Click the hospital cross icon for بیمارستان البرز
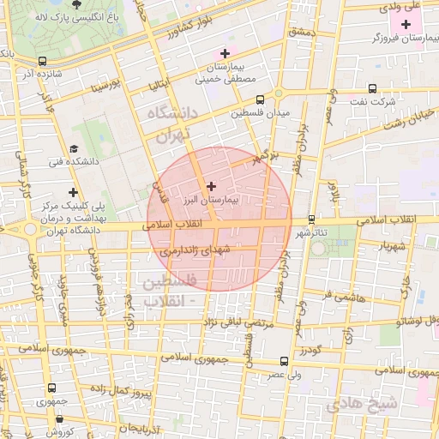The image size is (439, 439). point(213,185)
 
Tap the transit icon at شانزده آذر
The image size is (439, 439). point(43,61)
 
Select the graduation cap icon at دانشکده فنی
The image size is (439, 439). point(75,147)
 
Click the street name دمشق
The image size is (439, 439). point(304,32)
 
